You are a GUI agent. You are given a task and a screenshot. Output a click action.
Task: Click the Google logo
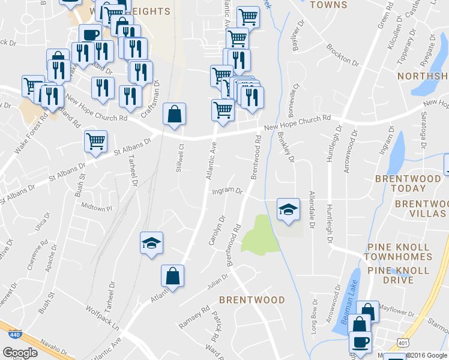tap(20, 352)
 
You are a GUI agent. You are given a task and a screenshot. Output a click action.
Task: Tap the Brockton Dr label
tap(343, 55)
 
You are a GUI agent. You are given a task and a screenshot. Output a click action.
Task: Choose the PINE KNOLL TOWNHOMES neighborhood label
tap(397, 252)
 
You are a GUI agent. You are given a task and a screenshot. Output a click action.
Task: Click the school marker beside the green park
tap(288, 210)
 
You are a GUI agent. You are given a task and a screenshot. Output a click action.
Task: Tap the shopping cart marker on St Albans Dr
tap(95, 142)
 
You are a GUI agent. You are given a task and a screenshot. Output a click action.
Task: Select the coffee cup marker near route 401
tap(361, 343)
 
